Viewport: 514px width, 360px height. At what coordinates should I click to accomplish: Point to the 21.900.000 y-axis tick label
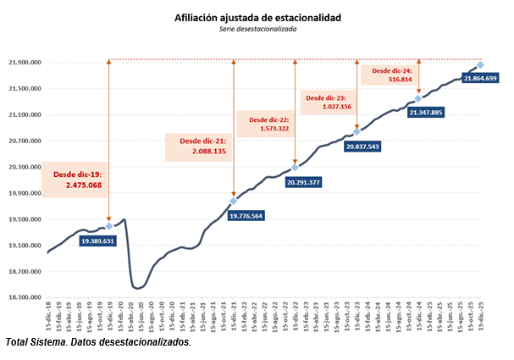[x=25, y=63]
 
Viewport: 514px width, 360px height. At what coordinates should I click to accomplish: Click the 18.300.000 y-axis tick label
[x=25, y=298]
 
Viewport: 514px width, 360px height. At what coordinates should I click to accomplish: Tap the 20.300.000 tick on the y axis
[x=25, y=167]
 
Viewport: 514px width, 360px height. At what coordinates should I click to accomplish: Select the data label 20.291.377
[x=303, y=182]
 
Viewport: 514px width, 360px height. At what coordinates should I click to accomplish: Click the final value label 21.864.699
[x=480, y=78]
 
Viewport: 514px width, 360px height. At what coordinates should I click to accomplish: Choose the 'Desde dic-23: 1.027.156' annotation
[x=327, y=103]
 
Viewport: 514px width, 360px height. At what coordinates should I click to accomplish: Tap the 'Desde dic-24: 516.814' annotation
[x=390, y=75]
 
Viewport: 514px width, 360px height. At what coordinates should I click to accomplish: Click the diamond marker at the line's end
[x=480, y=65]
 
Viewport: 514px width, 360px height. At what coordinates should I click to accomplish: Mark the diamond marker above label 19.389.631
[x=109, y=226]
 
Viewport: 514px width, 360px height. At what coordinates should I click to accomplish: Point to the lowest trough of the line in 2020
[x=136, y=289]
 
